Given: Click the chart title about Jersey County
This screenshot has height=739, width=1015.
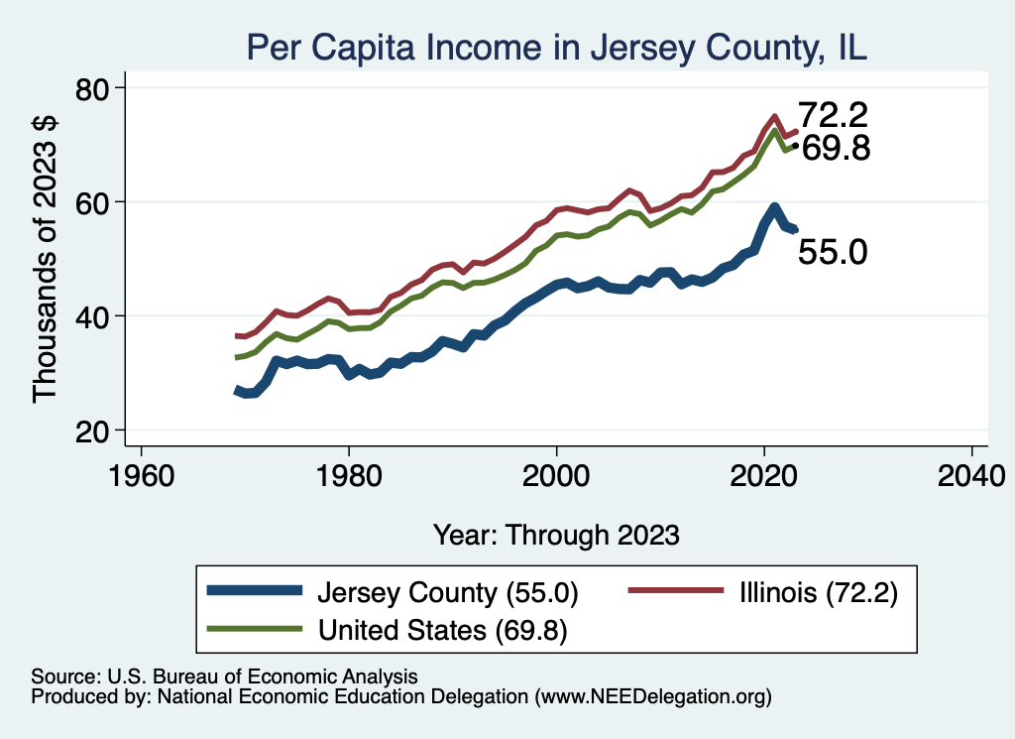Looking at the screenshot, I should pos(556,47).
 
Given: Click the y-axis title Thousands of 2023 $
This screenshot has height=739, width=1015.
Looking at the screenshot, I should pos(47,260).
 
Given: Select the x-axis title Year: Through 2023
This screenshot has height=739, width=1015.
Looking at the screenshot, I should pos(556,535).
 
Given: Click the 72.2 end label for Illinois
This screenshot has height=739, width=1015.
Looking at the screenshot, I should pos(835,114).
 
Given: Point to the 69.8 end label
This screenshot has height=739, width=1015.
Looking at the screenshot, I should pos(835,149).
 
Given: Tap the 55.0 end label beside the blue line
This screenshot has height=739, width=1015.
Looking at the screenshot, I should pos(833,252).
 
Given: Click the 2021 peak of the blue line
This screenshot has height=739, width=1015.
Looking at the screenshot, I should pos(774,208).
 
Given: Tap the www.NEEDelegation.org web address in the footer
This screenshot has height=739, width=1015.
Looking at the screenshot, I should pos(653,696).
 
